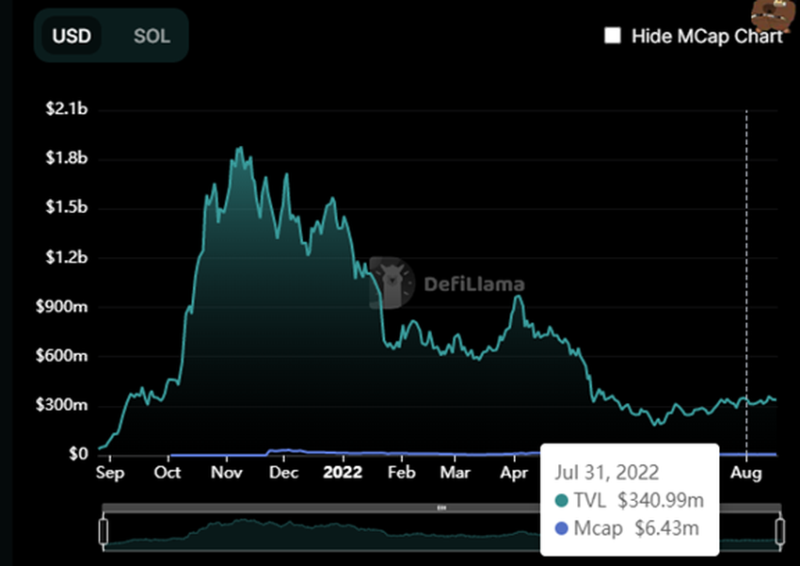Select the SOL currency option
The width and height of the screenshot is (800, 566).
click(152, 37)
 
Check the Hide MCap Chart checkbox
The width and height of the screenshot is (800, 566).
click(613, 36)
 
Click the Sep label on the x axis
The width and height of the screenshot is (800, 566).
click(110, 471)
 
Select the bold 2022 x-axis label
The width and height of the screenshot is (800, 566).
click(344, 471)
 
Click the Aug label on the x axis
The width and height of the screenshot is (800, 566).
click(746, 471)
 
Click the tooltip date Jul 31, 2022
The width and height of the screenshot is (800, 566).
click(607, 472)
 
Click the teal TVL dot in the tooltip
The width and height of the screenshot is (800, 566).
click(563, 500)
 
